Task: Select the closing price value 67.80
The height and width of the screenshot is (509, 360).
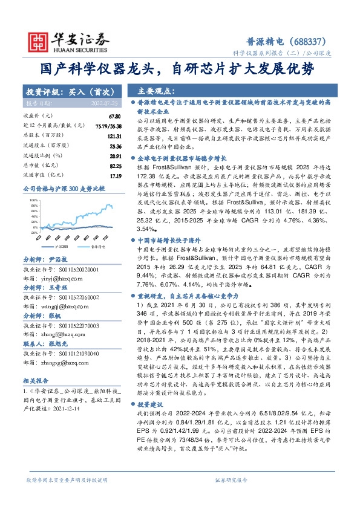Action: pos(116,115)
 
